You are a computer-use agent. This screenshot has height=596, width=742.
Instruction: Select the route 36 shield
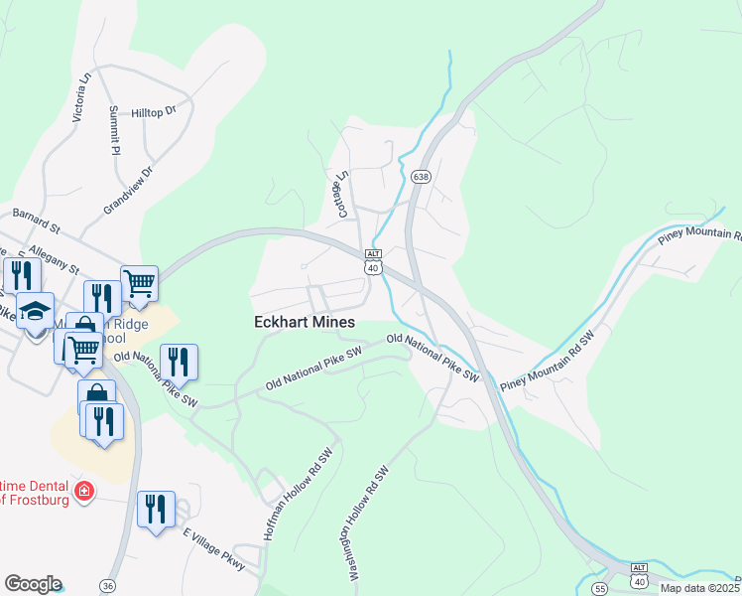(107, 586)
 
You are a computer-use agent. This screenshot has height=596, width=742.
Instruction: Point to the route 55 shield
(600, 589)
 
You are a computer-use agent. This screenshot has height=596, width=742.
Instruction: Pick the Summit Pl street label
(115, 130)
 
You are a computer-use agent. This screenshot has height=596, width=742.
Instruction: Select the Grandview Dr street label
(130, 190)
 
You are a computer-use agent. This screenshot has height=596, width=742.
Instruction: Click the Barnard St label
(36, 219)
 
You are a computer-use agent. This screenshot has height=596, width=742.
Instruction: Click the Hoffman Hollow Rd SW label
(298, 492)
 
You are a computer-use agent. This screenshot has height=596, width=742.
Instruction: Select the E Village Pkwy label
(214, 548)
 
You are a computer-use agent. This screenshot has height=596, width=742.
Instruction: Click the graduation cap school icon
(36, 311)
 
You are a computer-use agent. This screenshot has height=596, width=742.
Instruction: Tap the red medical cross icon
(85, 491)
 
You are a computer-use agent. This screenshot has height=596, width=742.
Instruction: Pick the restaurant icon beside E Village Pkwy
(156, 510)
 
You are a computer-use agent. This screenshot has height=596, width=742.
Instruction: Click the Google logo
(33, 584)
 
